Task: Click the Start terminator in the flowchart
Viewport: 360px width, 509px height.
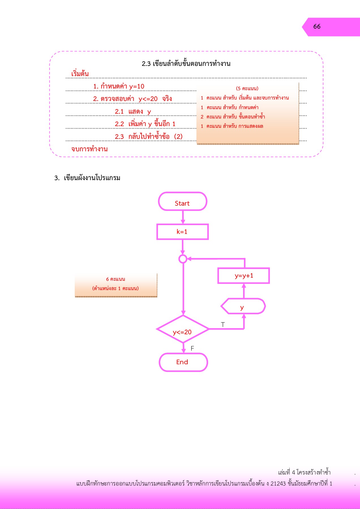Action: pos(183,202)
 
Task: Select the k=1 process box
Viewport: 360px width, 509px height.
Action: pos(183,232)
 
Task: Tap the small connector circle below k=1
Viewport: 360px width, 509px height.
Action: pos(183,259)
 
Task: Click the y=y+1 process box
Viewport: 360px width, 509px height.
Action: pos(244,276)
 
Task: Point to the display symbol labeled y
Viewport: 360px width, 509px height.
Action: pos(243,306)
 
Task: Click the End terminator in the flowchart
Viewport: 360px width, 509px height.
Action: pos(183,362)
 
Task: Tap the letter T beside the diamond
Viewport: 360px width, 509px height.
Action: pos(223,325)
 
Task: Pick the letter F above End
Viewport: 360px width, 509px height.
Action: pos(192,348)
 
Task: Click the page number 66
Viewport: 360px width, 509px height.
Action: pos(317,27)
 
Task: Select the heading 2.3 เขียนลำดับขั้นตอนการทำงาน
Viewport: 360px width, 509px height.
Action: pos(186,64)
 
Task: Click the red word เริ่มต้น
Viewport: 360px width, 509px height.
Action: pos(80,74)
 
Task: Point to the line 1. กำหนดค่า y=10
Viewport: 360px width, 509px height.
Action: pos(119,86)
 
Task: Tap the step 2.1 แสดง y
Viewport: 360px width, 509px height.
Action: pos(133,111)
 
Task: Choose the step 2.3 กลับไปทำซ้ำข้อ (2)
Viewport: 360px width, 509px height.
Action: pos(149,137)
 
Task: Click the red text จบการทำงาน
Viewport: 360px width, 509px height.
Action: pos(89,149)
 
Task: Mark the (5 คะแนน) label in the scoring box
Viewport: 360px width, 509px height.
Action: pos(247,89)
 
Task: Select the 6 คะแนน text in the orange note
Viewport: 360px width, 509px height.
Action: pos(115,279)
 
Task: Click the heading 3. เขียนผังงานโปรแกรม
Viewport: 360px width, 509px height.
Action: pos(87,178)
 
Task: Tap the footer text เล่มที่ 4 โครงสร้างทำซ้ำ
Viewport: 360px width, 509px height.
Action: pos(304,473)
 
